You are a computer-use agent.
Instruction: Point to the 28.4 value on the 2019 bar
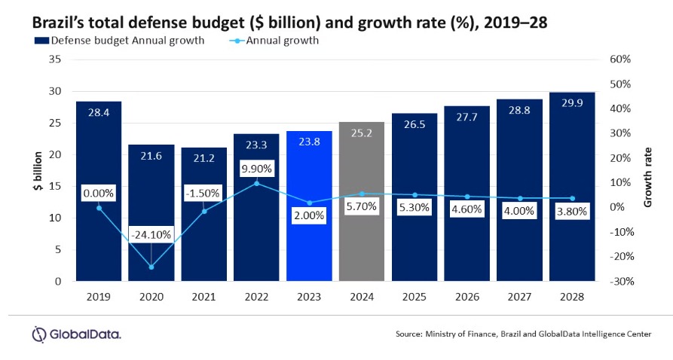coord(99,112)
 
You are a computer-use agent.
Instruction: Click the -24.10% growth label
coord(151,234)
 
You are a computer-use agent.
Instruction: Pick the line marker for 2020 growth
coord(151,267)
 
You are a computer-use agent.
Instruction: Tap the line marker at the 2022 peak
coord(256,183)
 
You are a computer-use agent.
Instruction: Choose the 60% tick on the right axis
coord(621,59)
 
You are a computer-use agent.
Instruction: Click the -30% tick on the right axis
coord(621,281)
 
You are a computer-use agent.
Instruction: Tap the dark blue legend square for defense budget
coord(36,41)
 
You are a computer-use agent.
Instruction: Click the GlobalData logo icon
coord(40,334)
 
